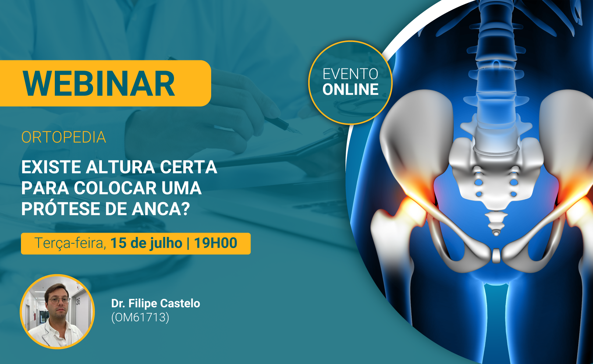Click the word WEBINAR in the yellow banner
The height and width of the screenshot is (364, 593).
[99, 84]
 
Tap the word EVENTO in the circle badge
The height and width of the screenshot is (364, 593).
[350, 74]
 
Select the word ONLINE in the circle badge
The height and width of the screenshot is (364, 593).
[350, 89]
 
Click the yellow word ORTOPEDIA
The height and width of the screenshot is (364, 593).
[64, 137]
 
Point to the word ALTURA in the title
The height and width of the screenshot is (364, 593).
[120, 167]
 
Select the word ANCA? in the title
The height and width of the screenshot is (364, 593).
[161, 209]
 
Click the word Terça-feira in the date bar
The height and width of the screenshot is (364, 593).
[70, 243]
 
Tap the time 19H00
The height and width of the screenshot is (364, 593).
[216, 243]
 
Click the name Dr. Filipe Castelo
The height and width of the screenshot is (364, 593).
[156, 304]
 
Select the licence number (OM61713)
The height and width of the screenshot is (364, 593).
[140, 317]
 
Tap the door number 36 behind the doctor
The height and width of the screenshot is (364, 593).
[78, 301]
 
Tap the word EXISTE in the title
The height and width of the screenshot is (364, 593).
[52, 167]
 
